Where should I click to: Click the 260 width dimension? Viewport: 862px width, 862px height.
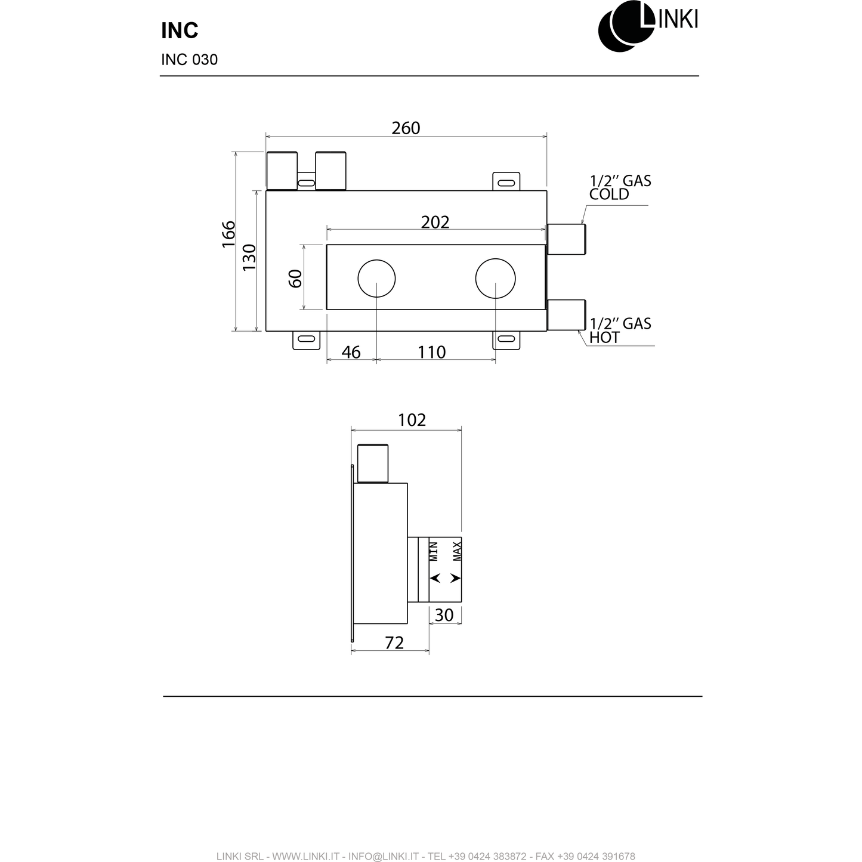[x=406, y=128]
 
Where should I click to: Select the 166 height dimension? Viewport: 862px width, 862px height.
[x=228, y=234]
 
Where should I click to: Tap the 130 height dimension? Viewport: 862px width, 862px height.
[x=249, y=257]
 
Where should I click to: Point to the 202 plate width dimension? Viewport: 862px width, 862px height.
[x=435, y=222]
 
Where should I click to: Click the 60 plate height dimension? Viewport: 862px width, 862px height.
[x=295, y=278]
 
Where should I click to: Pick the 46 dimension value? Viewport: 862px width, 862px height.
[x=351, y=353]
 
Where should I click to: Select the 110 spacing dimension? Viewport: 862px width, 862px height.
[x=431, y=353]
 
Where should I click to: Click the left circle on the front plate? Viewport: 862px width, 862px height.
[x=376, y=279]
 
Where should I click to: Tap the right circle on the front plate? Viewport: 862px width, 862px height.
[x=495, y=279]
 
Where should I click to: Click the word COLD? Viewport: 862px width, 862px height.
[x=609, y=194]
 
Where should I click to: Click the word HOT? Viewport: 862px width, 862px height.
[x=604, y=338]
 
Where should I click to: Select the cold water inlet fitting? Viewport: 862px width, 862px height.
[x=566, y=239]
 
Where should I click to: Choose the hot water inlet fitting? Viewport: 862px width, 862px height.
[x=566, y=314]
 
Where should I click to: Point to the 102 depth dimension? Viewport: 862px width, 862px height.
[x=412, y=420]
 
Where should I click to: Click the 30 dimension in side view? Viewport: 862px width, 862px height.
[x=444, y=615]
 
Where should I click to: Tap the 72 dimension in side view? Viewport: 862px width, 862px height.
[x=394, y=642]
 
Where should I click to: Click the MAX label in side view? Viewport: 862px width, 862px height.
[x=457, y=551]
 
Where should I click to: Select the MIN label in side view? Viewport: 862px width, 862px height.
[x=434, y=551]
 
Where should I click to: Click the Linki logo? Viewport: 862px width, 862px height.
[x=647, y=25]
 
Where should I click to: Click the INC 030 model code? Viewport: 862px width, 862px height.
[x=189, y=60]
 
